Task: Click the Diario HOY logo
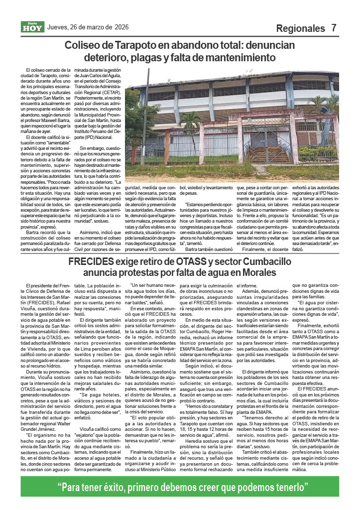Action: tap(32, 27)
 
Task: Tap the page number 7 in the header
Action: tap(334, 28)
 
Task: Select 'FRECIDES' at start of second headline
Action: tap(92, 262)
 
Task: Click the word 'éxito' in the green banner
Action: tap(121, 486)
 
